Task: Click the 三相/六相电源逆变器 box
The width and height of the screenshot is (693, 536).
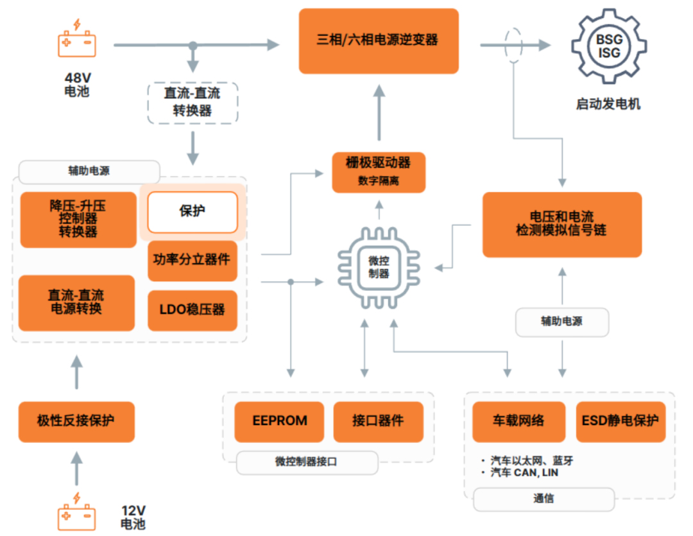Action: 379,40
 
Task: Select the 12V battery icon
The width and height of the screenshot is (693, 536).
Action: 77,512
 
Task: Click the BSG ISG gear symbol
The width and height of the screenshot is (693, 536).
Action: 609,47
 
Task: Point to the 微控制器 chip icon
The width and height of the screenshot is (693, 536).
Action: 378,267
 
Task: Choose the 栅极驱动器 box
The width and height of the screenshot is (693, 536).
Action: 379,171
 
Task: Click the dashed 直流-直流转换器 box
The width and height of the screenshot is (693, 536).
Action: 193,102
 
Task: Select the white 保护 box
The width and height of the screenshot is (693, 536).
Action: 193,211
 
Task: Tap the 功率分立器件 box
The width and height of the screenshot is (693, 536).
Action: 193,260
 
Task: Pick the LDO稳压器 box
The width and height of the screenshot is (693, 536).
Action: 193,310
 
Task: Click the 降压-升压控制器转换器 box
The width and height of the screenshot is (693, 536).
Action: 78,220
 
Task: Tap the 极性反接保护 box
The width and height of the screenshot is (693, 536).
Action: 76,422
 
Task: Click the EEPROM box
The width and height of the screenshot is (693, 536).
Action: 279,422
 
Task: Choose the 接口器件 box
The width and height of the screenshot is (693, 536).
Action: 378,422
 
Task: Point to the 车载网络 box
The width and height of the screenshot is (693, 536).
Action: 518,422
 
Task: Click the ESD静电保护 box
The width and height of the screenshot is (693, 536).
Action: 620,422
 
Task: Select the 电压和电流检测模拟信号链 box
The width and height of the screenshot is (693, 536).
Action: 561,224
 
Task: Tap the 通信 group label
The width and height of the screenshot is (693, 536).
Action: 543,499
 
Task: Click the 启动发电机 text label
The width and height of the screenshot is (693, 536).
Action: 608,104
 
